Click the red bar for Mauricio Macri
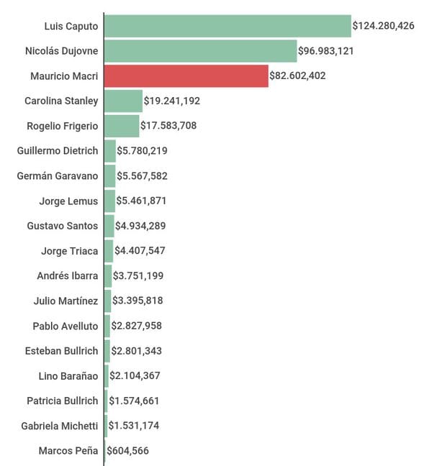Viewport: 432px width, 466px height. pos(186,76)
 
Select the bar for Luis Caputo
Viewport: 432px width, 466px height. pos(228,26)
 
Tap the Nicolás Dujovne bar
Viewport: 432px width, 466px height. pos(200,51)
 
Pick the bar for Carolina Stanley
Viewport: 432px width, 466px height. pos(123,101)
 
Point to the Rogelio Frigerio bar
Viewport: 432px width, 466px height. pos(122,126)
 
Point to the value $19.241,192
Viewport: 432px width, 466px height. pos(172,101)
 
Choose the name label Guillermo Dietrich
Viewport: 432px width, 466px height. pos(57,150)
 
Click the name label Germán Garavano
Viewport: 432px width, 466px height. pos(58,175)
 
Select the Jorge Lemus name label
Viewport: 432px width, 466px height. pos(68,201)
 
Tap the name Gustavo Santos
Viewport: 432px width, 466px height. pos(62,226)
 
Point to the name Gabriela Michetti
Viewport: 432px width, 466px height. pos(60,426)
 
